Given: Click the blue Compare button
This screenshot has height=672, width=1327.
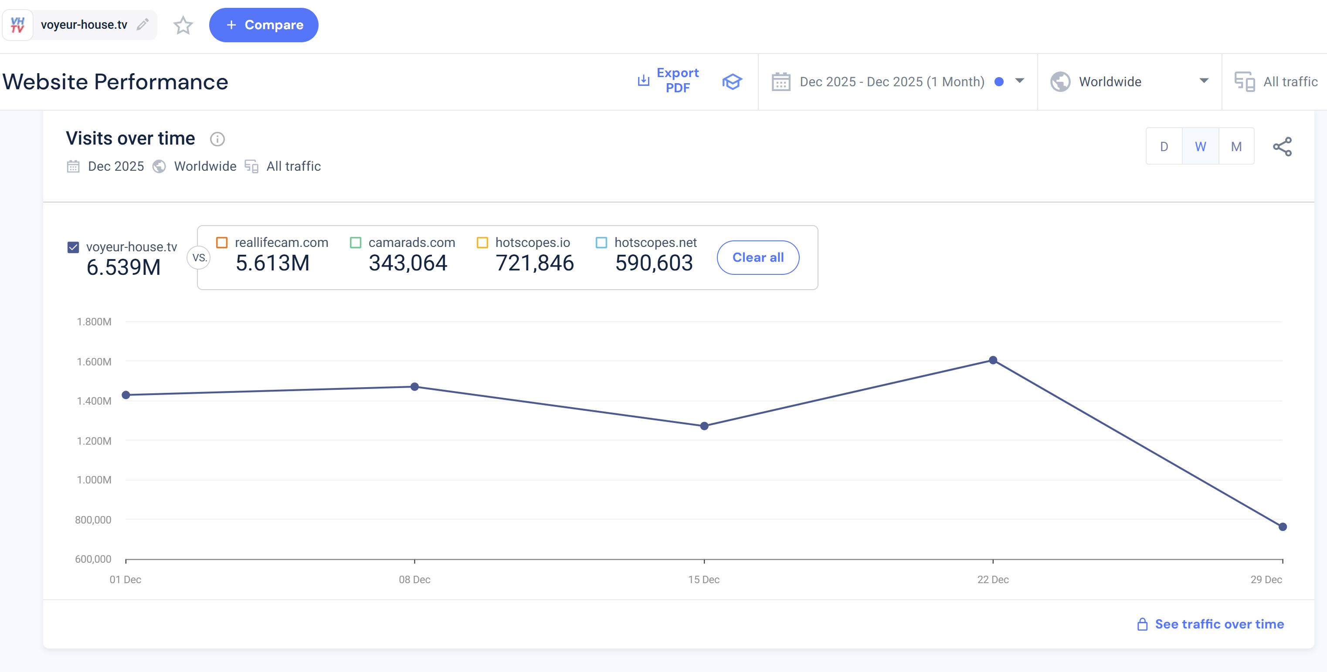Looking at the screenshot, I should [x=263, y=25].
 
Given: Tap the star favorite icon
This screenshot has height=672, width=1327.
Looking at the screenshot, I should [x=183, y=25].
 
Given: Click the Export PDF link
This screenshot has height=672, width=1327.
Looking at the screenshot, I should [x=669, y=80].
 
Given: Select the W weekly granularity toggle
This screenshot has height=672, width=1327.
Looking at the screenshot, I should [x=1200, y=147].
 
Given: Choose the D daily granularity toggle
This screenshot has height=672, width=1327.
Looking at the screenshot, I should [x=1164, y=147].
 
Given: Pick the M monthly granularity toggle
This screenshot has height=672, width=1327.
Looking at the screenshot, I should [x=1236, y=147].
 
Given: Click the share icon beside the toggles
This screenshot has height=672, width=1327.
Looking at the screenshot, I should [x=1282, y=147].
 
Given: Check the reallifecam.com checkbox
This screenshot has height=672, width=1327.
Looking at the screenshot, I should [x=222, y=243].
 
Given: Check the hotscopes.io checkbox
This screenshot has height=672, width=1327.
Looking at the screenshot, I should [x=482, y=243].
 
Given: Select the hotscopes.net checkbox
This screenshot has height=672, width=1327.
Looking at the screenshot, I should [x=601, y=243].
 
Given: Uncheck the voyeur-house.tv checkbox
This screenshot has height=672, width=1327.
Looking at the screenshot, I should [x=73, y=247].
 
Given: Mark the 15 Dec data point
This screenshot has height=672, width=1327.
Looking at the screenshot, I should [x=704, y=426].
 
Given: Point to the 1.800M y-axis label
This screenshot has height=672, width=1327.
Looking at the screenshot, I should [x=94, y=322].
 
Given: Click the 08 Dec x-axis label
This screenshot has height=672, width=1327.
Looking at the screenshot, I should [x=414, y=579].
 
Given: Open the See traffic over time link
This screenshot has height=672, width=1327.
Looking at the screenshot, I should [x=1219, y=624].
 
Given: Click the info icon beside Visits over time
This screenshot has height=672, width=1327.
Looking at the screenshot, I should [x=217, y=139].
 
